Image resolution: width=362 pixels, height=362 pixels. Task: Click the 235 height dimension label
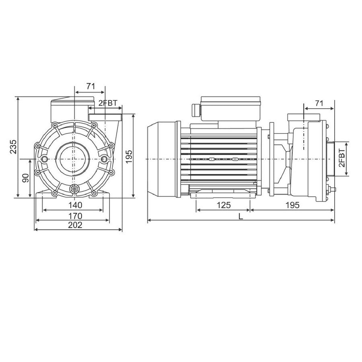13,147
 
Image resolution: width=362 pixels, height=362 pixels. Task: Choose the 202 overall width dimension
75,225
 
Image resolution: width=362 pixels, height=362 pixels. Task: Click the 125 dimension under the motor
223,205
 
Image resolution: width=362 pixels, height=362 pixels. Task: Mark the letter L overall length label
241,216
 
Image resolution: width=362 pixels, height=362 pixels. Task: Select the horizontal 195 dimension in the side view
292,205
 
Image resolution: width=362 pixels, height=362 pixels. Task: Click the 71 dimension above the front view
90,86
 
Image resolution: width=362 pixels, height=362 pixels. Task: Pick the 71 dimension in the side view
319,103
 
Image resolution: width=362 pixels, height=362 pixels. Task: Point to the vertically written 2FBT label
341,158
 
